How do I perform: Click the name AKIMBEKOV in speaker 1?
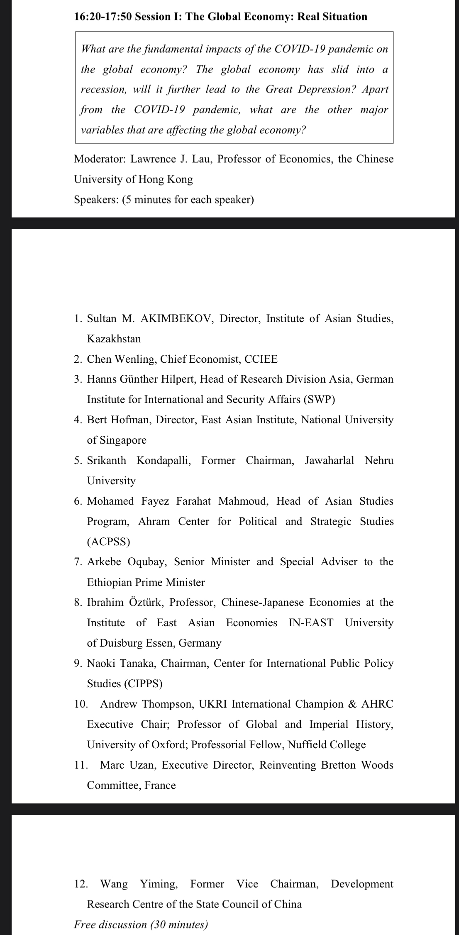click(x=176, y=319)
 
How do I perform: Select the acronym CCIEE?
click(x=261, y=359)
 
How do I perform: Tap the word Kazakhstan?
click(x=114, y=339)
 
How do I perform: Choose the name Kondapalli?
click(x=164, y=461)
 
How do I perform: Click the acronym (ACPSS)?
click(x=108, y=542)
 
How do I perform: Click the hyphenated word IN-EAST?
click(x=311, y=623)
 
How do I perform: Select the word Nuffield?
click(x=307, y=745)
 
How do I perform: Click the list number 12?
click(x=81, y=884)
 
